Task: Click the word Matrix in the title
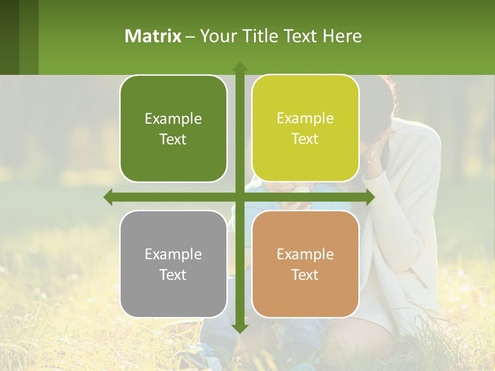(x=153, y=36)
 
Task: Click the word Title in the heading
(x=262, y=36)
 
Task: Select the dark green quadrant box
(x=173, y=129)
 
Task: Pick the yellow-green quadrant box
(x=305, y=128)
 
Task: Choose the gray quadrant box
(x=173, y=264)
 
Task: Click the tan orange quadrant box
(x=305, y=264)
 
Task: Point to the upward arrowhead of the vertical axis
(x=239, y=67)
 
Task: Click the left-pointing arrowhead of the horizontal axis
(x=108, y=197)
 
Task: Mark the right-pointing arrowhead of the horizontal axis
(x=370, y=197)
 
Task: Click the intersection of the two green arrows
(x=239, y=197)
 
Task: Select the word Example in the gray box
(x=173, y=254)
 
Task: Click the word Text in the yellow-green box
(x=305, y=139)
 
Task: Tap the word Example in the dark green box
(x=173, y=119)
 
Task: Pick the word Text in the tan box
(x=305, y=275)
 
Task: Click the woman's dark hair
(x=379, y=98)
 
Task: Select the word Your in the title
(x=217, y=36)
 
